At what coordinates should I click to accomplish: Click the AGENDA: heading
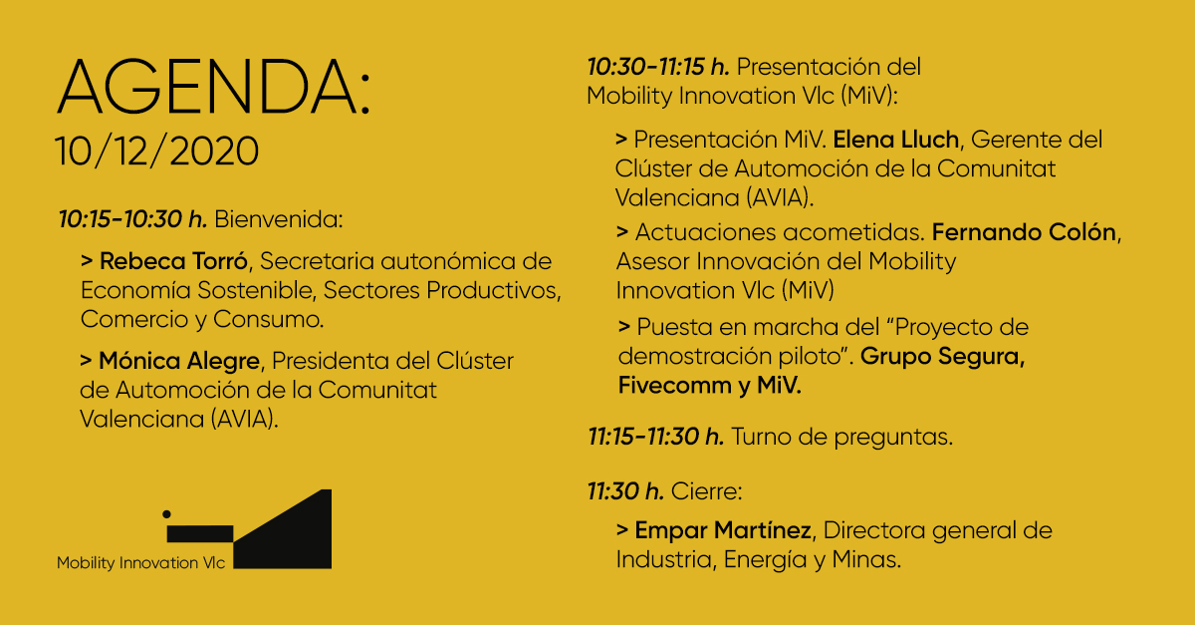click(x=213, y=87)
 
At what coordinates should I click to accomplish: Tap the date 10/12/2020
click(x=157, y=152)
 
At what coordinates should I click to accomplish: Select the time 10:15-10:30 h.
click(x=132, y=219)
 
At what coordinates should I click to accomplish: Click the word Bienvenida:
click(x=279, y=219)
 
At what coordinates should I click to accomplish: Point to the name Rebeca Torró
click(x=173, y=261)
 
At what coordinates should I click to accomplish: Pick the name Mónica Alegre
click(x=179, y=361)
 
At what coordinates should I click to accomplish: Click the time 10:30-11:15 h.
click(x=658, y=67)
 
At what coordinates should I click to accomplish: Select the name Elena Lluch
click(x=896, y=140)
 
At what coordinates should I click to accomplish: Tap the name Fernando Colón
click(x=1025, y=232)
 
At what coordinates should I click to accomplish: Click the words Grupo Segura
click(x=942, y=356)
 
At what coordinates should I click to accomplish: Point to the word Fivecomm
click(x=674, y=385)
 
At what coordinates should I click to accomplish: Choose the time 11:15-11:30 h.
click(x=656, y=437)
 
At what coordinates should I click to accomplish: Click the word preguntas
click(x=893, y=438)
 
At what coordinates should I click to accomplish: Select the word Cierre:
click(x=706, y=491)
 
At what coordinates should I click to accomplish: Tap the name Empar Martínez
click(x=723, y=531)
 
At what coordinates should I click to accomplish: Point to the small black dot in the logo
click(x=167, y=514)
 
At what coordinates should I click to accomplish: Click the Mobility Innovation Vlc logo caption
click(x=140, y=563)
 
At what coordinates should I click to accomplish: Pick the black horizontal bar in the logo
click(x=200, y=533)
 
